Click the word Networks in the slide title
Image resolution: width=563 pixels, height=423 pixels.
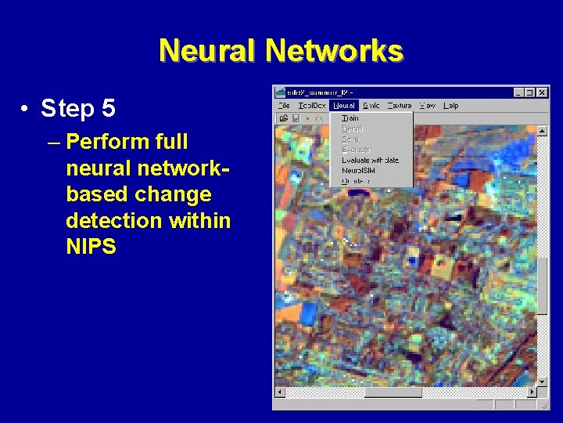335,51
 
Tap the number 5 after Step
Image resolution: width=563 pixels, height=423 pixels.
108,108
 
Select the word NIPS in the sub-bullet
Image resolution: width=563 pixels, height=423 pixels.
91,247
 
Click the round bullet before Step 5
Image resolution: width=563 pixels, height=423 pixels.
26,108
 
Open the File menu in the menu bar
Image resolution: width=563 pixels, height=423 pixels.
283,105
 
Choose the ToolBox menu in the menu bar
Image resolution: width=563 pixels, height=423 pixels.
311,105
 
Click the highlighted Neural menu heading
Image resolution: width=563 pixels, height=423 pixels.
343,105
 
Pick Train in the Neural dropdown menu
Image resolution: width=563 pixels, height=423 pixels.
350,118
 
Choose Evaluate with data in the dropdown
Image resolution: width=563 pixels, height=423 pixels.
370,160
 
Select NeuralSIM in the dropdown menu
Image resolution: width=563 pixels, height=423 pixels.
360,170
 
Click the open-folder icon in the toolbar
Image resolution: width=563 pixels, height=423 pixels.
283,118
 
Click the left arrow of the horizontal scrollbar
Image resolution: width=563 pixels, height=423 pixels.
280,392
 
